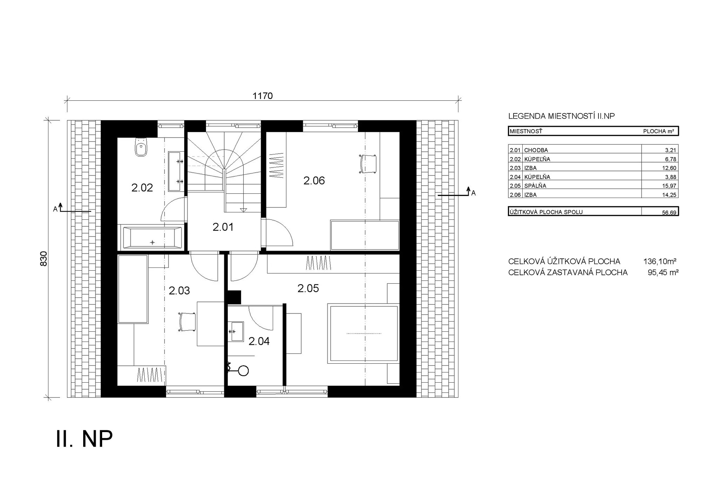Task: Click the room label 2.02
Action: click(x=142, y=188)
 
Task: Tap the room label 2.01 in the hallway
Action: click(x=223, y=227)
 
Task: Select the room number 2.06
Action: click(x=314, y=181)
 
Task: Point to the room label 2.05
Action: click(x=308, y=289)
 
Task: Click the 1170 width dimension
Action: click(x=263, y=96)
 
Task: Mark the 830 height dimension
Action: click(x=44, y=259)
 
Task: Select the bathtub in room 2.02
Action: click(x=152, y=238)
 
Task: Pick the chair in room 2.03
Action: click(x=187, y=322)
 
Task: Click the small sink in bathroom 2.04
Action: click(x=237, y=331)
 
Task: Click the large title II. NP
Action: click(x=84, y=439)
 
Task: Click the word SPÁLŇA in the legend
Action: click(x=535, y=186)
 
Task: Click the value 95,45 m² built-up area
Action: click(x=663, y=272)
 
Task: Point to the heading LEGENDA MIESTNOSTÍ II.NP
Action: click(x=562, y=116)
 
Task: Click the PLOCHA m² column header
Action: click(x=658, y=131)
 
